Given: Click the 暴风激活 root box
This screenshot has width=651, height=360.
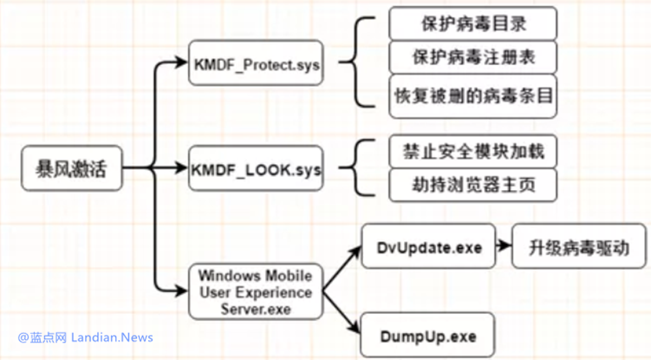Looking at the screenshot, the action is coord(72,168).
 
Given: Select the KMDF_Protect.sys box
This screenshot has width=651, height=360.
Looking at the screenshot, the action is coord(256,63).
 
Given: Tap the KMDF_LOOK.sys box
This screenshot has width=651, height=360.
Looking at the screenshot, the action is coord(256,168).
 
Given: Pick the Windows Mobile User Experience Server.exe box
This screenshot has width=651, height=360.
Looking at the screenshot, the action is coord(256,291).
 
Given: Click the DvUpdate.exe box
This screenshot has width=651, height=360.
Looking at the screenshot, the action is coord(428,246).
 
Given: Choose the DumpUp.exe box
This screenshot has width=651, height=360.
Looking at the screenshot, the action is coord(427,335).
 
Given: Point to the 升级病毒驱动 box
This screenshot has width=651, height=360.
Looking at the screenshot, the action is coord(579,246).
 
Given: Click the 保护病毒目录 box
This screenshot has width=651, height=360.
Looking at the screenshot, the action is coord(473,23).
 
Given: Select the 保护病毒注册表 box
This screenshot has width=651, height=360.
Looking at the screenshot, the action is coord(473,57).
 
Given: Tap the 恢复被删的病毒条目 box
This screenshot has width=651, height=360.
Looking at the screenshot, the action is coord(473,96).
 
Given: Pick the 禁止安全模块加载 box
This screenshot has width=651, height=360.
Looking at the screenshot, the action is coord(473,151).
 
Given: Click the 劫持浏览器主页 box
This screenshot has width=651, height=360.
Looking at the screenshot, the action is coord(473,185).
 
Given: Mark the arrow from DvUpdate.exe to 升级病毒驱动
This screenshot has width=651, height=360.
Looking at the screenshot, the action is coord(504,245).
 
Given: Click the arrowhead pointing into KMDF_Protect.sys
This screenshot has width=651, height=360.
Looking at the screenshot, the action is coord(181,62).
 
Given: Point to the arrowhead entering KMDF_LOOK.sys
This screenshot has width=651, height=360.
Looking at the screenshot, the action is coord(181,168).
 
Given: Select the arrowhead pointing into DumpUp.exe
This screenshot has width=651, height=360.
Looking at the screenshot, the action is coord(355,327).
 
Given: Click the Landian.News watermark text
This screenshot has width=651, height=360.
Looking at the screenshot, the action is coord(112,337).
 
